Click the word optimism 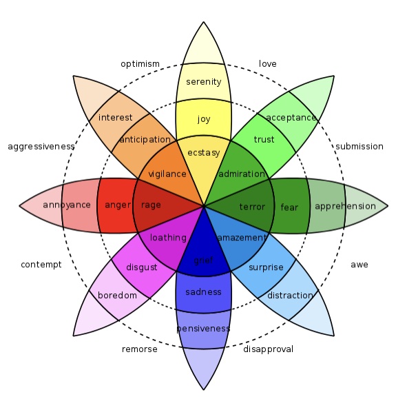(x=140, y=64)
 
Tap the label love (x=268, y=64)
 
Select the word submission (x=359, y=146)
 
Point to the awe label (x=359, y=265)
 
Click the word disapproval (x=268, y=349)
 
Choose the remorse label (x=139, y=349)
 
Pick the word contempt (x=41, y=265)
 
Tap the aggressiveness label (x=41, y=147)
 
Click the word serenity (x=204, y=82)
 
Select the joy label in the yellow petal (x=204, y=120)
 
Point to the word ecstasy (x=204, y=153)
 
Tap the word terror (x=252, y=207)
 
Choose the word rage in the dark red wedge (x=151, y=205)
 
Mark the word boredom (x=117, y=296)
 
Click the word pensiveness (x=204, y=329)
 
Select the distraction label (x=290, y=296)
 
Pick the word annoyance (x=67, y=205)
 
